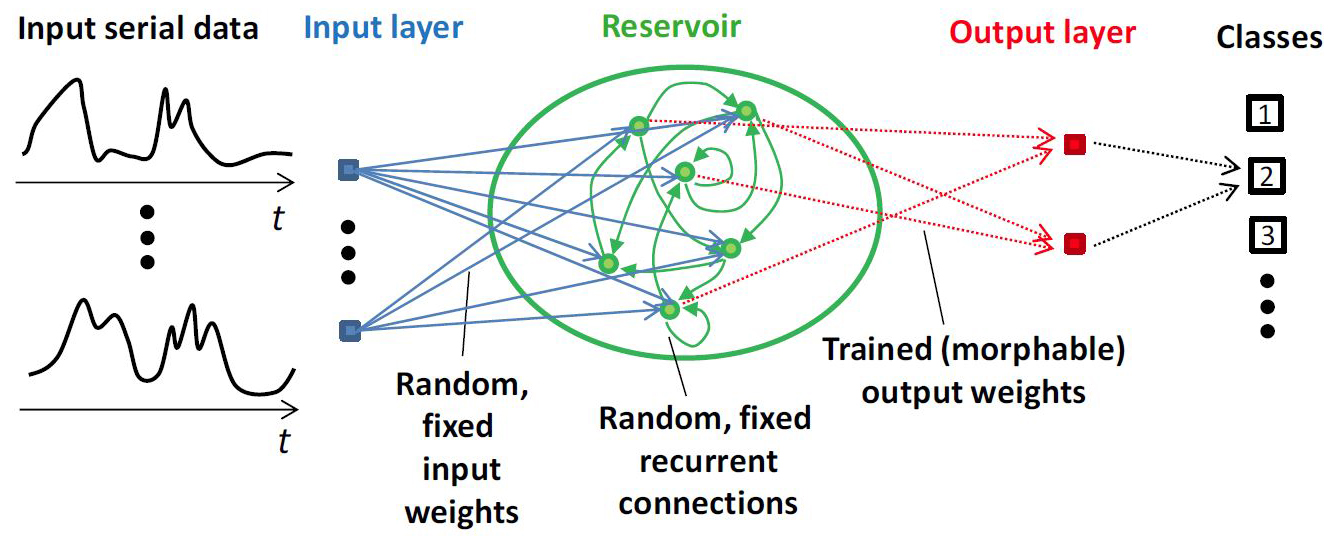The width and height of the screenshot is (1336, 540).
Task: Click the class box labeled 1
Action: tap(1265, 117)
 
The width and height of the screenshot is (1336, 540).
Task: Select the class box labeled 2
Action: tap(1265, 178)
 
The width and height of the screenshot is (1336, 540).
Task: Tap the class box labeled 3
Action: tap(1265, 238)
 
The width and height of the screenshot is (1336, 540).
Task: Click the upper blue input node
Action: tap(349, 171)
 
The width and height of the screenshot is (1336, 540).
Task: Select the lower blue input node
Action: tap(349, 328)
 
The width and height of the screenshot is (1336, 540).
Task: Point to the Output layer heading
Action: tap(1042, 33)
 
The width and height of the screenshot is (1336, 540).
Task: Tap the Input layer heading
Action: tap(384, 28)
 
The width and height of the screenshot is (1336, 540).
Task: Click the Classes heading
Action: tap(1269, 38)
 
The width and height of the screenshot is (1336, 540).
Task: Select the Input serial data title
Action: tap(138, 28)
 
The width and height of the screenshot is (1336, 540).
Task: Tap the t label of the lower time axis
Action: tap(283, 441)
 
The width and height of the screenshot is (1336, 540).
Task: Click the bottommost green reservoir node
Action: tap(670, 310)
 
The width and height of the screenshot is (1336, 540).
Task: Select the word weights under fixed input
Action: tap(460, 513)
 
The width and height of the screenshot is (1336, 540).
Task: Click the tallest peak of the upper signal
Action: tap(73, 81)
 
